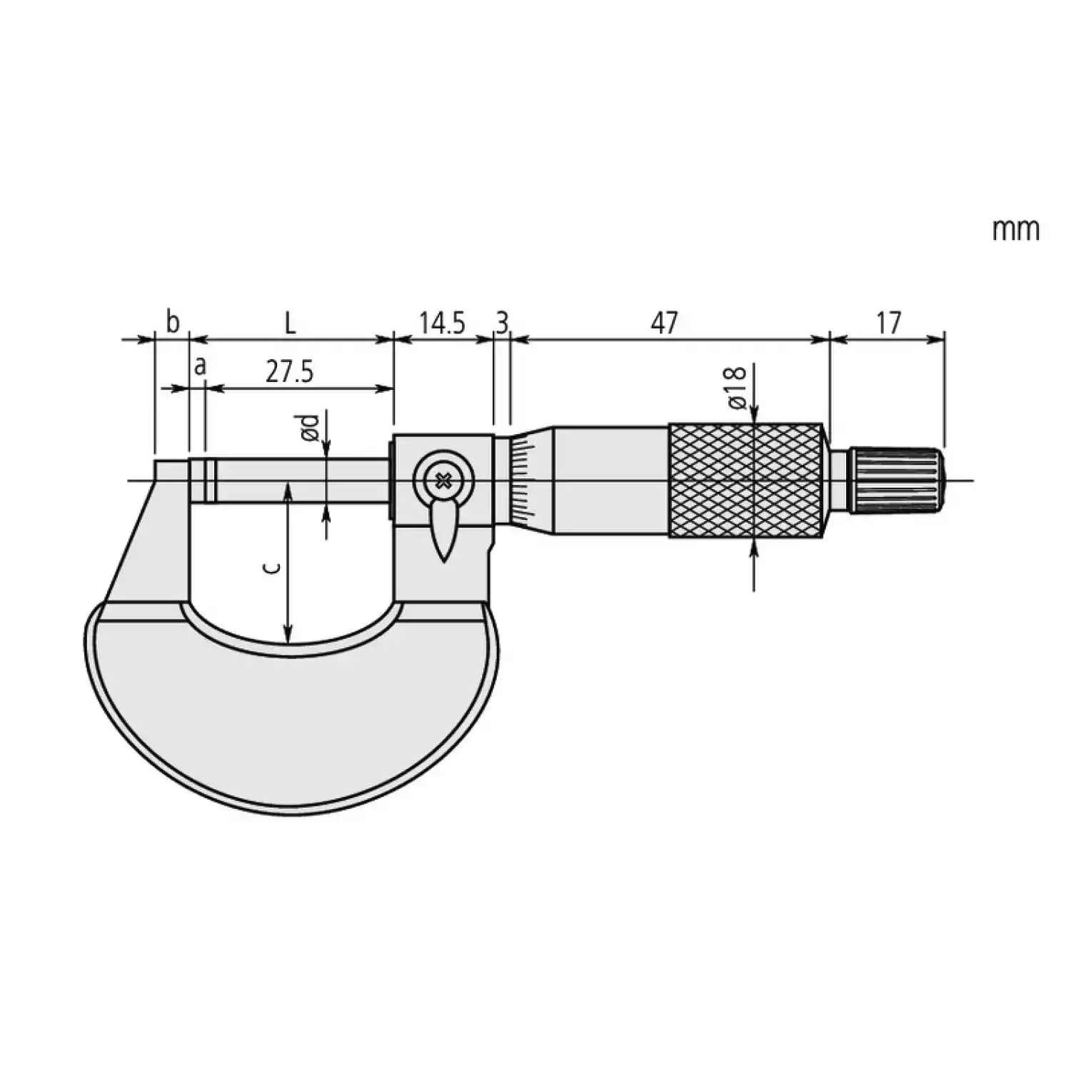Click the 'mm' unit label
click(x=1015, y=230)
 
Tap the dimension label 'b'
click(x=173, y=322)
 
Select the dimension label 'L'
click(x=289, y=323)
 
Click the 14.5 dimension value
click(x=442, y=323)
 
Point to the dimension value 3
click(x=502, y=323)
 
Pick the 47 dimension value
click(x=664, y=323)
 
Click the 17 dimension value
click(x=889, y=323)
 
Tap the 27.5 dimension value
click(x=290, y=372)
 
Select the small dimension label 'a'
click(x=201, y=366)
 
